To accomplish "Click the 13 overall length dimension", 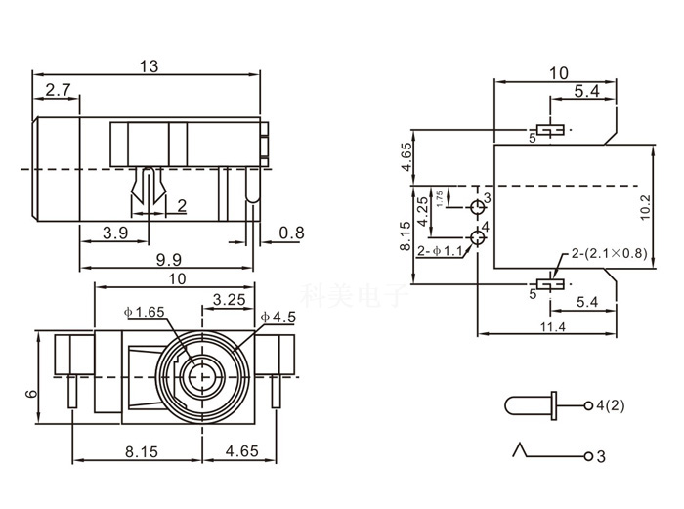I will click(x=149, y=66).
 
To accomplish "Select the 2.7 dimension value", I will click(x=58, y=91).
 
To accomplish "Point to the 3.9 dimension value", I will click(x=115, y=233).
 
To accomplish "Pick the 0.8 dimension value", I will click(x=290, y=233).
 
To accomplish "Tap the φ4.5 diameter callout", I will click(x=279, y=317).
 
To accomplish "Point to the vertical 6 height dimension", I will click(x=32, y=395).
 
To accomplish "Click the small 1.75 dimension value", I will click(x=441, y=198).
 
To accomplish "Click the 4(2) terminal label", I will click(x=611, y=404).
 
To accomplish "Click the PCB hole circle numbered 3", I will click(x=478, y=207).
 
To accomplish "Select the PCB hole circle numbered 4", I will click(x=478, y=236).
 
